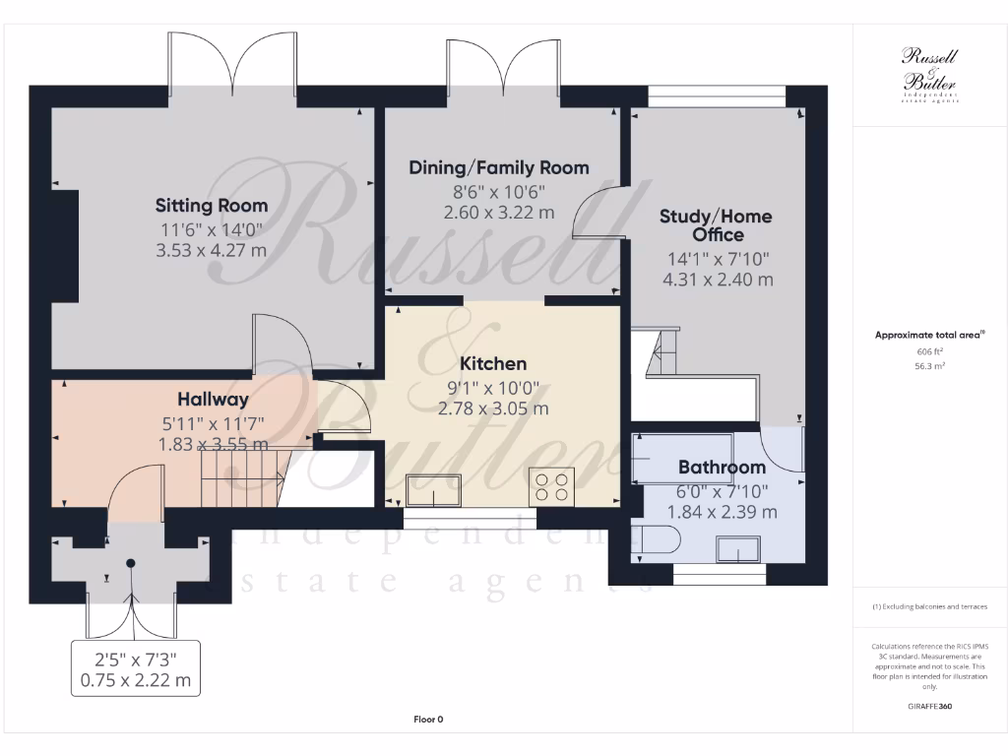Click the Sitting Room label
[212, 206]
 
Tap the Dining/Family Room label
[499, 167]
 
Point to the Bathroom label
[722, 467]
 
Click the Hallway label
[213, 400]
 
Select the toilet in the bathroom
[656, 542]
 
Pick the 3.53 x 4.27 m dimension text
[212, 250]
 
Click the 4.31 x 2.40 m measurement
[718, 279]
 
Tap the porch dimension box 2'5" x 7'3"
[136, 669]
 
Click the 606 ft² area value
[929, 351]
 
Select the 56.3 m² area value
[929, 365]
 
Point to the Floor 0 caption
[428, 720]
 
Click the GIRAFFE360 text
[929, 706]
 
